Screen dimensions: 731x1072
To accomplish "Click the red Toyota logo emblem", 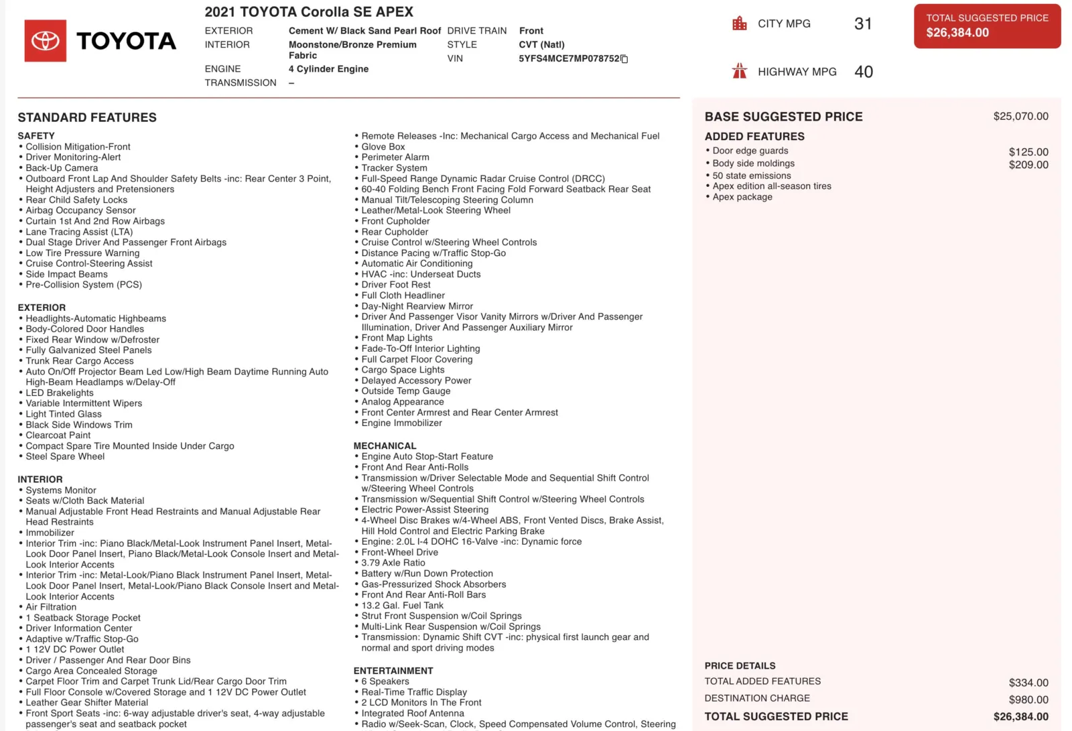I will [x=46, y=41].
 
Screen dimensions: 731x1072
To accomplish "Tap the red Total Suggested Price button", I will [x=987, y=26].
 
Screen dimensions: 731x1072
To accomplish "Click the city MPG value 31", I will [x=863, y=24].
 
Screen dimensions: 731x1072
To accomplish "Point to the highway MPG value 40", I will [x=864, y=72].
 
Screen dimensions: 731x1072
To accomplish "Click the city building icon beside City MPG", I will [x=740, y=23].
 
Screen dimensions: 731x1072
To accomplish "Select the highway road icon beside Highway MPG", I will [x=740, y=71].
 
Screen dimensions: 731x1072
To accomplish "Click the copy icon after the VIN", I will [x=624, y=59].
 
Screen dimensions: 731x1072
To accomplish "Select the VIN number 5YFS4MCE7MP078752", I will [x=569, y=58].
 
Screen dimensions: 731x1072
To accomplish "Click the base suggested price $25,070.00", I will [x=1020, y=117].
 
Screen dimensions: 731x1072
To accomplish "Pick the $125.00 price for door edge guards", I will [x=1028, y=152].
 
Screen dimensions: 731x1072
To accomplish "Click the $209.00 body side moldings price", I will [x=1028, y=165].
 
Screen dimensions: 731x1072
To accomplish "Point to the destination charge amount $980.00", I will [x=1028, y=700].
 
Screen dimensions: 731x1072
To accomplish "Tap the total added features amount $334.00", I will [x=1028, y=683].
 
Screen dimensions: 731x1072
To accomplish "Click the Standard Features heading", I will [x=87, y=117].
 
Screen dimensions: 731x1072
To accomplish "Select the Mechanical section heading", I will [x=385, y=446].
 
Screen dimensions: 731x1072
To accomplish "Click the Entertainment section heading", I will [x=393, y=671].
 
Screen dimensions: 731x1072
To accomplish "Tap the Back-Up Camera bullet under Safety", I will [x=62, y=168].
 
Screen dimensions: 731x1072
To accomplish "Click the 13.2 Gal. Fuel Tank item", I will [x=402, y=605].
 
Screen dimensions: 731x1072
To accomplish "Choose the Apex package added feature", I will [x=742, y=197].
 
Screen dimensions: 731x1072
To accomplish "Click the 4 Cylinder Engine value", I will [x=328, y=69].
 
